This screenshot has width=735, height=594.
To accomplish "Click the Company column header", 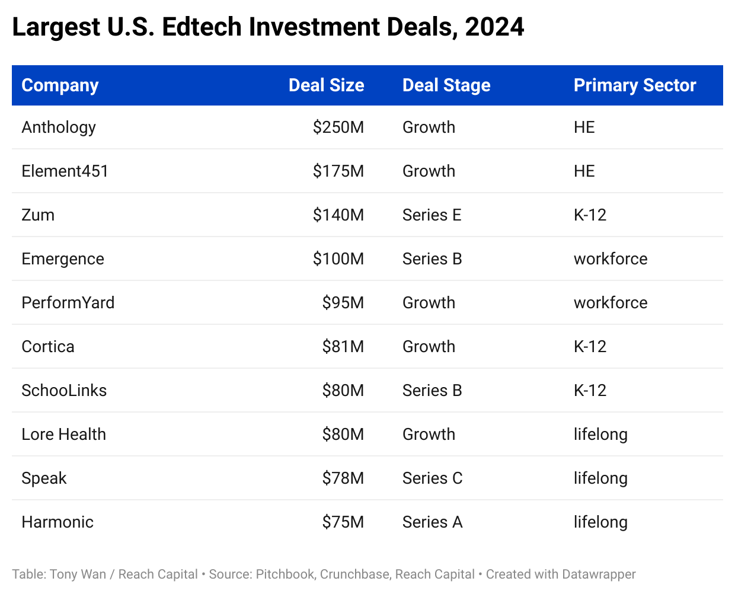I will tap(60, 85).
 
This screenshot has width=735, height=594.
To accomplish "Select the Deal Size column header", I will tap(326, 85).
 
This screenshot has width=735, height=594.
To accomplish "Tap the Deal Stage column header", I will tap(446, 85).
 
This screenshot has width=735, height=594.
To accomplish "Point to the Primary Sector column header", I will tap(635, 85).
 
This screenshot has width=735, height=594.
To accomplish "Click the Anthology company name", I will tap(59, 127).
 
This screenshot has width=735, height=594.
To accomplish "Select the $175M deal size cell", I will tap(338, 171).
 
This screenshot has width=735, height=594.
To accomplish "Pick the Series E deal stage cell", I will tap(432, 215).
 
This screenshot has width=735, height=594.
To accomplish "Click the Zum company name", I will tap(38, 215).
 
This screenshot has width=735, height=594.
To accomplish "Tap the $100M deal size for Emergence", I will tap(338, 259).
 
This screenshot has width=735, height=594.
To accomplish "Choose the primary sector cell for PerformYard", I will tap(611, 303).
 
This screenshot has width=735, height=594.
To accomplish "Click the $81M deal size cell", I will tap(343, 347).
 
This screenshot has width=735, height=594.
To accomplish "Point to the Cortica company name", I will tap(48, 347).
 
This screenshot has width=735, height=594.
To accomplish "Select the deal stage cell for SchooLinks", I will tap(432, 391).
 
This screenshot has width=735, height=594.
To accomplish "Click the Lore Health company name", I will tap(63, 435).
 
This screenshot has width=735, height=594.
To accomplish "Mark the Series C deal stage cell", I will tap(432, 478).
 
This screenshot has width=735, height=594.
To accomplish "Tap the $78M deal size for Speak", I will tap(343, 478).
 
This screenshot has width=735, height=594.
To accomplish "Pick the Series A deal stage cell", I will tap(432, 522).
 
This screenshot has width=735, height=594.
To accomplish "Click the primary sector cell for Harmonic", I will tap(600, 522).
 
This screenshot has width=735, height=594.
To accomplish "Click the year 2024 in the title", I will tap(494, 27).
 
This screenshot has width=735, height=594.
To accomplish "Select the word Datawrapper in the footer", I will tap(599, 574).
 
